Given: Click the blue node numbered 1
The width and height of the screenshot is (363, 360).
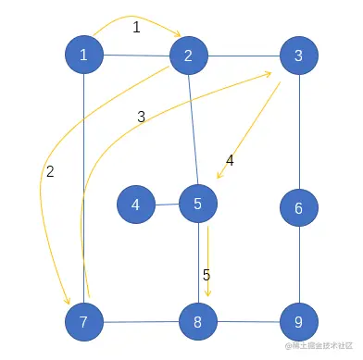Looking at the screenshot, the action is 84,56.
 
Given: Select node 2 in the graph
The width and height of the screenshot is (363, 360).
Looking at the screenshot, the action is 188,56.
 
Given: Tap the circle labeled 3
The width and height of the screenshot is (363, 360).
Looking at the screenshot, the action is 298,56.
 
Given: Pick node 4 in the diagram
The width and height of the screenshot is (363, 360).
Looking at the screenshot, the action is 136,204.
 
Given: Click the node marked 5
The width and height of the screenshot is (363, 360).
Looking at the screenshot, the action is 197,204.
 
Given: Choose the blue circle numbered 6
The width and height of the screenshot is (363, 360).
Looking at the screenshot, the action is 298,209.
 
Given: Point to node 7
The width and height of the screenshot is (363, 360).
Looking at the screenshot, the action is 84,322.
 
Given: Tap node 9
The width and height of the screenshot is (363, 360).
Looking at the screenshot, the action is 298,323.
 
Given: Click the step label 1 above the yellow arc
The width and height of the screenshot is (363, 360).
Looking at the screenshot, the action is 136,28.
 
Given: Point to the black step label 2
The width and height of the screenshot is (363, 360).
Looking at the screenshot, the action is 50,171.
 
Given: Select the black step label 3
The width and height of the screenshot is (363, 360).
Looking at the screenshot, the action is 141,117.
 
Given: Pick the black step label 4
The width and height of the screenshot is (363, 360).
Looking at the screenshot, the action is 230,160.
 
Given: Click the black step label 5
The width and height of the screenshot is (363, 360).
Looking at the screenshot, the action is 207,275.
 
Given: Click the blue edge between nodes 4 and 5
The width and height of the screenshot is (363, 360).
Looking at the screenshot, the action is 167,204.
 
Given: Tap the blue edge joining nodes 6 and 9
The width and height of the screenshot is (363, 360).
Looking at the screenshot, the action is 298,267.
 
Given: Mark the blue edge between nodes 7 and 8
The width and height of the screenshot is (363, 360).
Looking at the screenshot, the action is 142,323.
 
